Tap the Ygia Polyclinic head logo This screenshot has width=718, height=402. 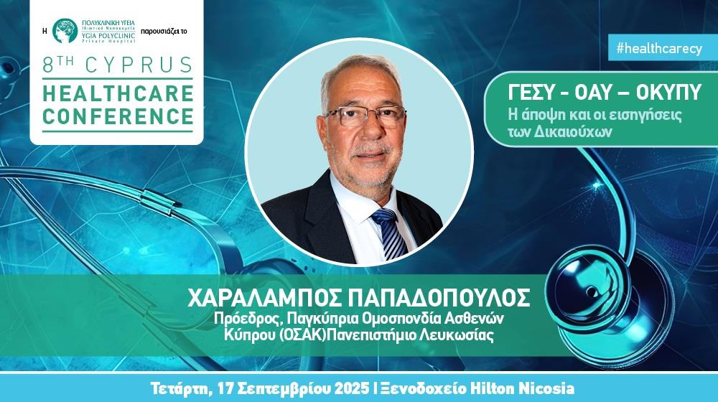65,31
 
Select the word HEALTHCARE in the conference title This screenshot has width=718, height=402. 118,93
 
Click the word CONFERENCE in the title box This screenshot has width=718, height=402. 118,116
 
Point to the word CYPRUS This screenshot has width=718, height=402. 139,65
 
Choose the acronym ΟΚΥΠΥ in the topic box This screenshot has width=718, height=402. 668,93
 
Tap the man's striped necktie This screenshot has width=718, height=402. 389,233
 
